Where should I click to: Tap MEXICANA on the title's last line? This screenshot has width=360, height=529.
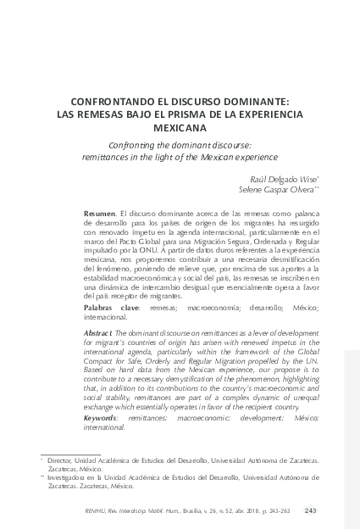coord(180,129)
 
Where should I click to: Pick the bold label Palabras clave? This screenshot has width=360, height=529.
coord(116,307)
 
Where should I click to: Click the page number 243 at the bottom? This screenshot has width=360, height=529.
coord(310,510)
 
